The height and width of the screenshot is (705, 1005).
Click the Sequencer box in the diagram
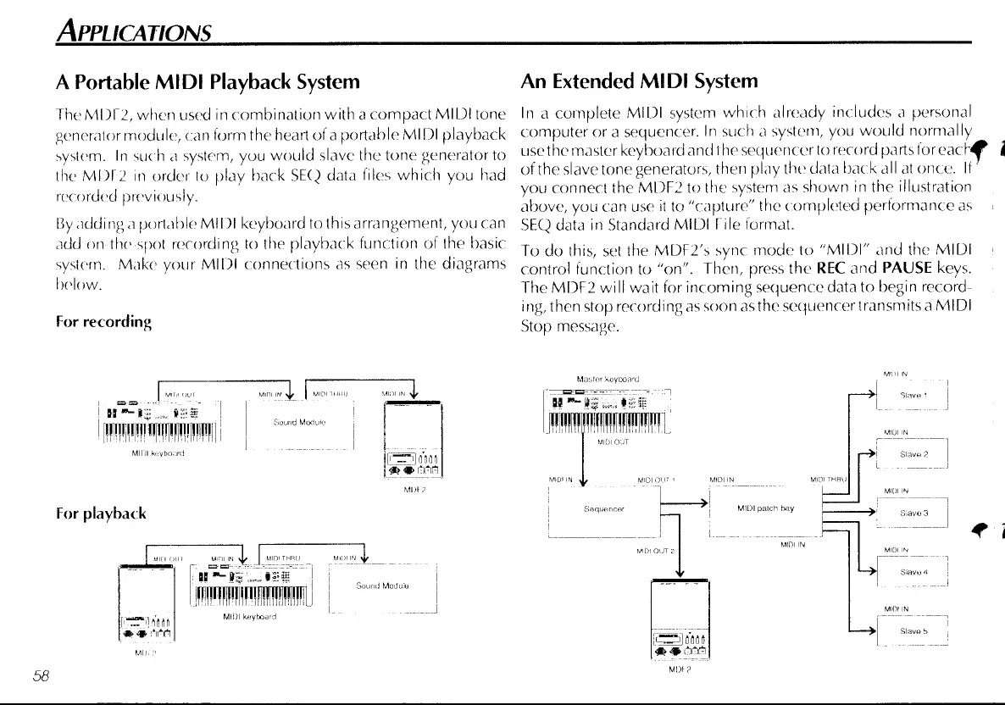click(x=603, y=511)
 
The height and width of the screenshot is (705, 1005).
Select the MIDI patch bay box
click(x=765, y=510)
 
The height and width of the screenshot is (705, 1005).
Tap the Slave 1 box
click(x=910, y=396)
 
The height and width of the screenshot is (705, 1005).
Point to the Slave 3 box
click(x=910, y=513)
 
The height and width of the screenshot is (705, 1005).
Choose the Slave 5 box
click(x=910, y=631)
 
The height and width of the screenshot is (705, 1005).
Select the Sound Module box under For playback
click(x=382, y=586)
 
